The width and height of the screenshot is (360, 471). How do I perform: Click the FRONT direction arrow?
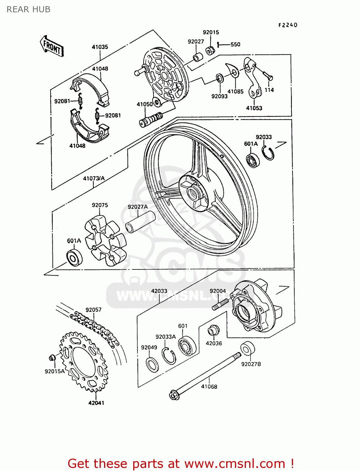(52, 46)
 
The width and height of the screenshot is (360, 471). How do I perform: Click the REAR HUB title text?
(28, 9)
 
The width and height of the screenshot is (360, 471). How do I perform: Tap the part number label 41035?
(100, 47)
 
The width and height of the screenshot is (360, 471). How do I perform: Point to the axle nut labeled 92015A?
(52, 357)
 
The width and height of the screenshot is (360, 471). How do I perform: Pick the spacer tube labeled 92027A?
(140, 222)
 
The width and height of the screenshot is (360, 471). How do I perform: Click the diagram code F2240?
(288, 25)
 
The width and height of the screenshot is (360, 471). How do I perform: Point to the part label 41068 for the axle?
(209, 387)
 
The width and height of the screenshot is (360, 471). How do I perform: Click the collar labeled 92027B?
(248, 348)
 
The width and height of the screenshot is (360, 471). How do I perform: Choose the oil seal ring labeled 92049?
(152, 364)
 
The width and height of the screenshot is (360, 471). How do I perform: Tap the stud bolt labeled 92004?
(220, 304)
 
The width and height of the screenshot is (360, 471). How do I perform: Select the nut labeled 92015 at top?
(210, 50)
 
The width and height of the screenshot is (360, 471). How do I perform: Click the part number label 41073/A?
(94, 178)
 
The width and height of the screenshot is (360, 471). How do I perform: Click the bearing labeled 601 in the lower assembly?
(187, 346)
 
